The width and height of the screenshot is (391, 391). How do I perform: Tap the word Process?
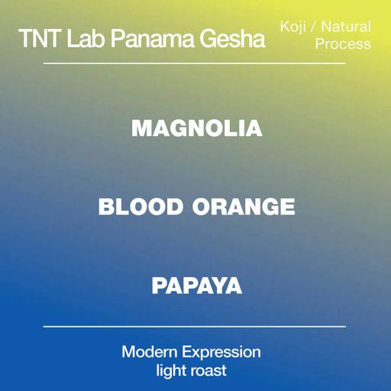[343, 44]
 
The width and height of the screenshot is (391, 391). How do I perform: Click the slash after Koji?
[314, 27]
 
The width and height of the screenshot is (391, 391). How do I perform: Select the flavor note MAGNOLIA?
[196, 128]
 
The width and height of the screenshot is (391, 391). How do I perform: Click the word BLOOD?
[141, 206]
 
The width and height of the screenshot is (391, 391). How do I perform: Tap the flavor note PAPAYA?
[196, 286]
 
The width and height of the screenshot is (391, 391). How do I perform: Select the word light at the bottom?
[166, 372]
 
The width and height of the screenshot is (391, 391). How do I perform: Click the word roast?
[208, 372]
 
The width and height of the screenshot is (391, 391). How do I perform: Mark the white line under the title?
[195, 63]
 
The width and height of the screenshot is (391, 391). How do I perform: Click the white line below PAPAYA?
[195, 326]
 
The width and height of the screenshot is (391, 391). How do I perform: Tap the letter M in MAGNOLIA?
[141, 128]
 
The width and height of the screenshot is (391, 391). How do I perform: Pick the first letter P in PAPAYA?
[159, 286]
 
